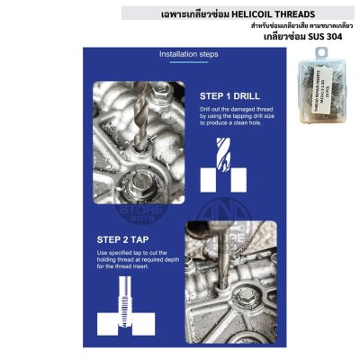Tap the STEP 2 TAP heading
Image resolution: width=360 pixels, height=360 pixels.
(123, 240)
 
